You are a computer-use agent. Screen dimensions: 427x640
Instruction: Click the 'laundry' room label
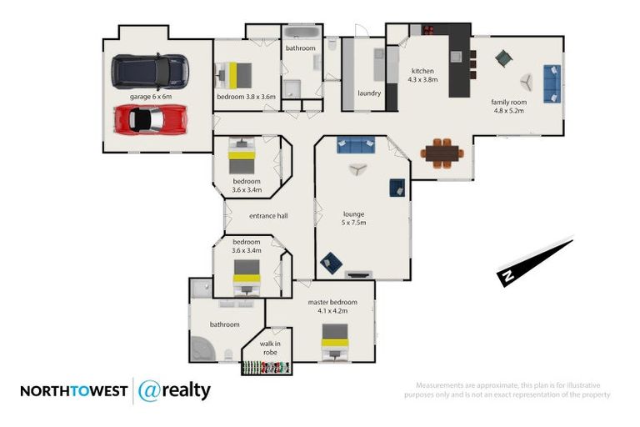click(x=369, y=93)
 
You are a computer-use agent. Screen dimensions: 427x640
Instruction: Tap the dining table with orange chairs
click(x=441, y=153)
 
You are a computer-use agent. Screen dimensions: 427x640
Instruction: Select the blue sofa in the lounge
click(x=355, y=146)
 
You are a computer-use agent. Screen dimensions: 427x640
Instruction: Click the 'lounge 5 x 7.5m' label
click(x=353, y=219)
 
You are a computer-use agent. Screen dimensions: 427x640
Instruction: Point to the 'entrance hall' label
click(x=268, y=216)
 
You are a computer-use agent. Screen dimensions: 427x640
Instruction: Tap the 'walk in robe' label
click(x=269, y=348)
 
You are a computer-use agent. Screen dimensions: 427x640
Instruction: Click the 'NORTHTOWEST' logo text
click(x=73, y=391)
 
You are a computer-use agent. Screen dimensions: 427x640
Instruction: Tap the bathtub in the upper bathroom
click(x=301, y=33)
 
